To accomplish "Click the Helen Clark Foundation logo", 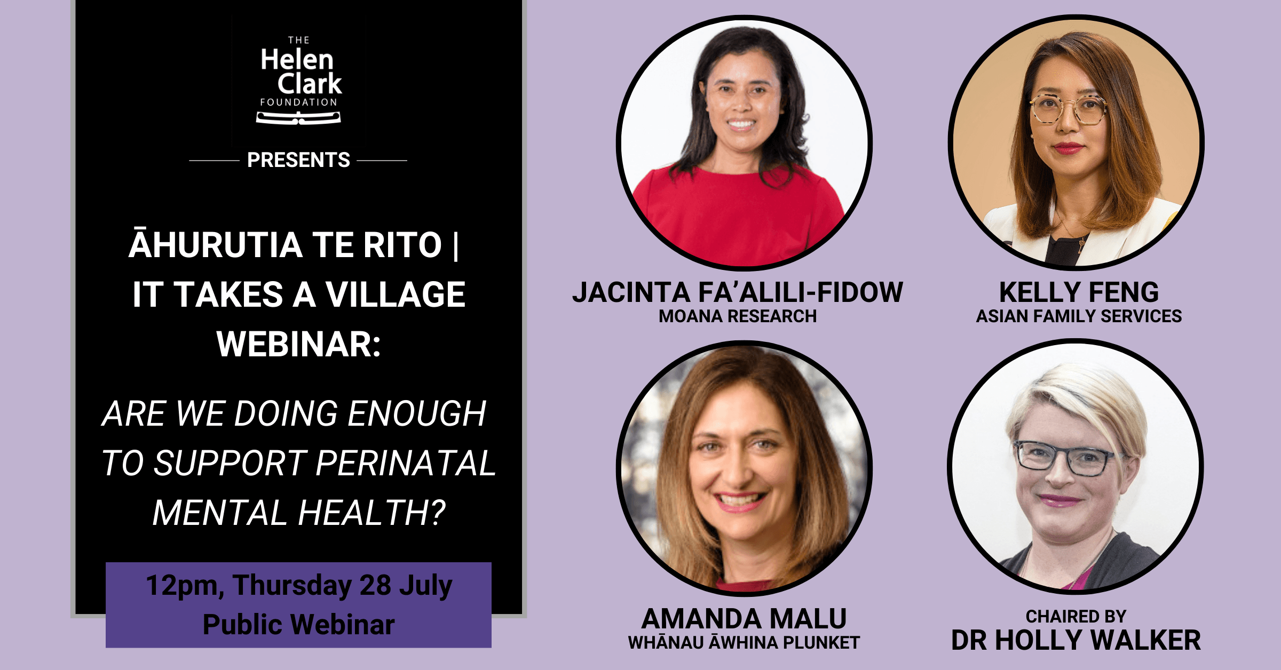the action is (299, 80).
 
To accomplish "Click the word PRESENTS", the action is (298, 160).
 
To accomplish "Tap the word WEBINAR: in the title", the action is (299, 344).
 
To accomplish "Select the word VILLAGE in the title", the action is (396, 294).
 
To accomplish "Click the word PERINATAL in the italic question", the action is (406, 462).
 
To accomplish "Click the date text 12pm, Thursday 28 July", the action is (299, 586).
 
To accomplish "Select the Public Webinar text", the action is (299, 625).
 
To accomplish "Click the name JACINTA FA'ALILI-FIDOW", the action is (738, 292).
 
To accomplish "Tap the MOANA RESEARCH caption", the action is (738, 316).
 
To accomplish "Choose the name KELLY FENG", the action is (1079, 292).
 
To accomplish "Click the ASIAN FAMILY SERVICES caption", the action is (1079, 316).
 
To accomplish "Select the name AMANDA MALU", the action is (744, 619).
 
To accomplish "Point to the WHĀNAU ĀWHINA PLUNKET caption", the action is (744, 642).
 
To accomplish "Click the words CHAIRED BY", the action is (1076, 617).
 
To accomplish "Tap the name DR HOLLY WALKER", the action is (1076, 640).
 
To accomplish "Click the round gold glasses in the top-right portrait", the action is (1067, 109).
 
